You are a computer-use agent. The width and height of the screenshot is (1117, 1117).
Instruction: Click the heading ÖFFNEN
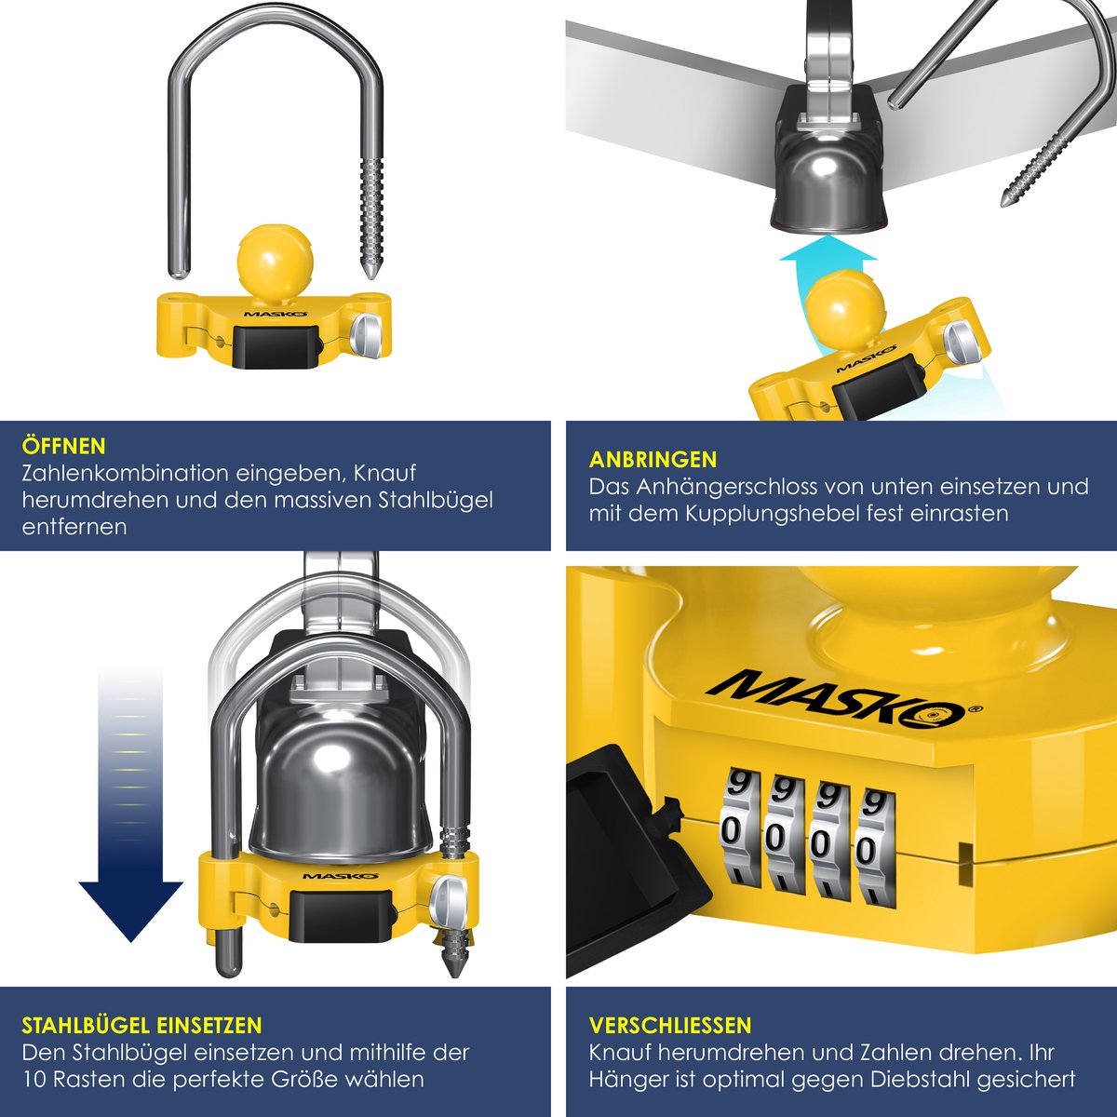pyautogui.click(x=64, y=447)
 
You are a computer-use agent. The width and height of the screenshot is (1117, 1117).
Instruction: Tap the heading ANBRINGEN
pyautogui.click(x=653, y=460)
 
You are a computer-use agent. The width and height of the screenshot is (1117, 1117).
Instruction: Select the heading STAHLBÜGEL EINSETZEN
pyautogui.click(x=141, y=1025)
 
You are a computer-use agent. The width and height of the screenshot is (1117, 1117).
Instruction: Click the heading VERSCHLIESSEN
pyautogui.click(x=670, y=1025)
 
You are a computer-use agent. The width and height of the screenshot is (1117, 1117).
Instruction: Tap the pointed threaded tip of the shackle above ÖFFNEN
pyautogui.click(x=370, y=273)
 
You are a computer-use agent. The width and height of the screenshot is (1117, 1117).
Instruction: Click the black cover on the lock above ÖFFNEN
pyautogui.click(x=276, y=346)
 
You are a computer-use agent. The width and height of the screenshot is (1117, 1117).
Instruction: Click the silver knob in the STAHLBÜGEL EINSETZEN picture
pyautogui.click(x=450, y=896)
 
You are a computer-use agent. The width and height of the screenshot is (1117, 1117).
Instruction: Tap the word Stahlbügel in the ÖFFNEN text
pyautogui.click(x=435, y=500)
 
